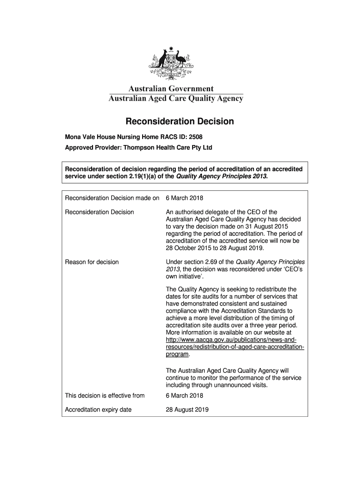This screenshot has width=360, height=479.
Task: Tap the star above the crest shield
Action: (x=171, y=48)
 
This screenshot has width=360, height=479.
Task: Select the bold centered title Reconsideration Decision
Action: (x=180, y=122)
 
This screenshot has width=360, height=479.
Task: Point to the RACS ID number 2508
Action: (x=195, y=138)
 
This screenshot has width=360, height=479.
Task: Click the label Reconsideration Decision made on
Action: (x=112, y=197)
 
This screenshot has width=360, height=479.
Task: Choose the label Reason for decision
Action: (x=92, y=262)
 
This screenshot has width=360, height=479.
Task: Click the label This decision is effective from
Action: (x=105, y=396)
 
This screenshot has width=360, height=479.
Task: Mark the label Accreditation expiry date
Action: (x=98, y=410)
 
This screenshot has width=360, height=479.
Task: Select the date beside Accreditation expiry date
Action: (x=187, y=410)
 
